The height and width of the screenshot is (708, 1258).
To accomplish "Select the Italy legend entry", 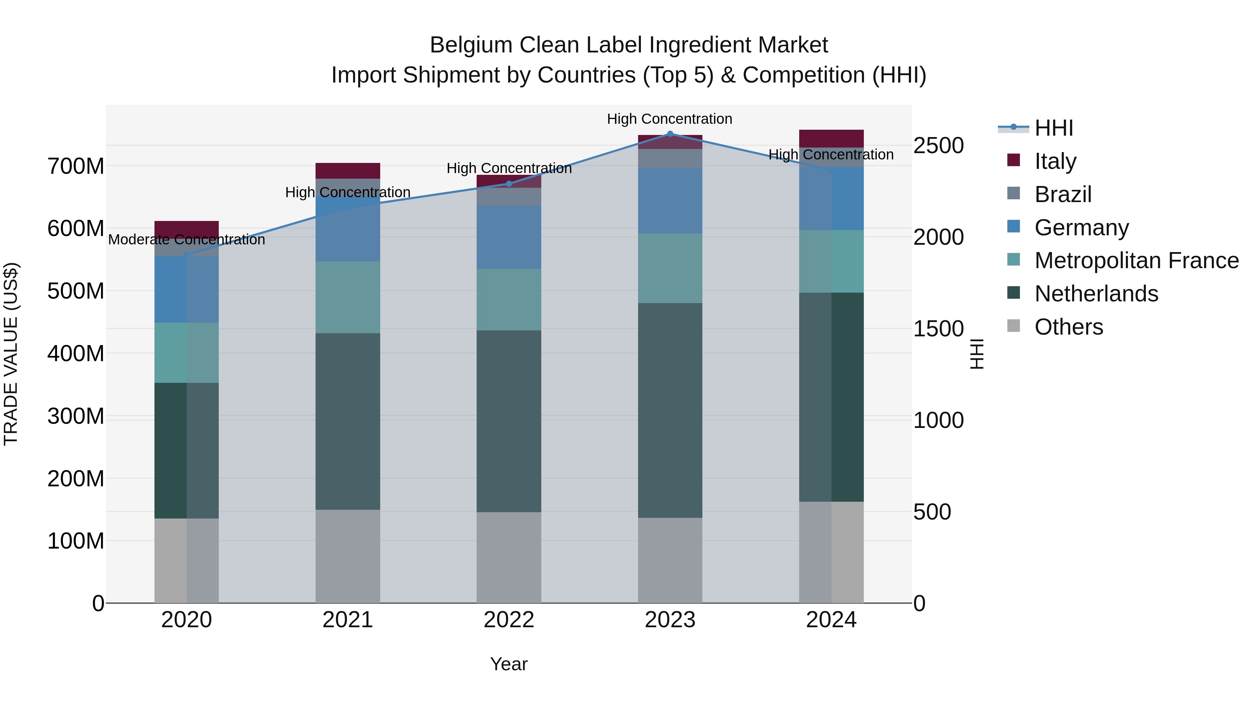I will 1055,161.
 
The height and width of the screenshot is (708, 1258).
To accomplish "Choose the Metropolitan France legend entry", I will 1136,260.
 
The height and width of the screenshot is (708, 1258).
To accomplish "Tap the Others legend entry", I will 1069,327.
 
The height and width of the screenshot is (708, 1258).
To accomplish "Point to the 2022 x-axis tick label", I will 509,620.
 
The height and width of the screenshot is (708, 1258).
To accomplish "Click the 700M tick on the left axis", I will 76,167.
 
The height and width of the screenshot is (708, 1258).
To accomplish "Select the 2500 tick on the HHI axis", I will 938,145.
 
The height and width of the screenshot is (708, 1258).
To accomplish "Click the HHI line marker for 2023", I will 670,134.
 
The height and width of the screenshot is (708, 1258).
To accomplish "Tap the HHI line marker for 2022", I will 509,184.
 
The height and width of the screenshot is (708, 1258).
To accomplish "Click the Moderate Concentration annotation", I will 187,239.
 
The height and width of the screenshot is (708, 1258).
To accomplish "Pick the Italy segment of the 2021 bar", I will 348,171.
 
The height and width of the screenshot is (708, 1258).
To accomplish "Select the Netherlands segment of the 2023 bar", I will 670,410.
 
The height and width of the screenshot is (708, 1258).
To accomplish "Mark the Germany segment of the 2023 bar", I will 670,200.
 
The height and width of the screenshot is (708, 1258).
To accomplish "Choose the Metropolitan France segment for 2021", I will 348,297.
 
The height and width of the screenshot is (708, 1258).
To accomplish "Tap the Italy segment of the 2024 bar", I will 831,138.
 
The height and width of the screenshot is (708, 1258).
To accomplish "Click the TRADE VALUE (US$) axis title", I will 11,354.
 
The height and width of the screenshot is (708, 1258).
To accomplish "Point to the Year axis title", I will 509,664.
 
